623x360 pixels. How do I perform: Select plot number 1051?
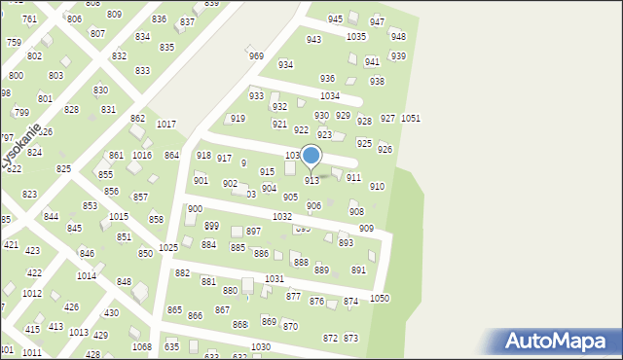[x=411, y=119]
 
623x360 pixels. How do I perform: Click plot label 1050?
[x=380, y=298]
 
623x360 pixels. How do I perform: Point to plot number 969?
[x=256, y=56]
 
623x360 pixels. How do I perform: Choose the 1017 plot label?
[x=166, y=125]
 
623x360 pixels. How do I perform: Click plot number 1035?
[x=356, y=37]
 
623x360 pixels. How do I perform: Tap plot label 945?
[x=335, y=19]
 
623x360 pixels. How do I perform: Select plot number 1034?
[x=330, y=96]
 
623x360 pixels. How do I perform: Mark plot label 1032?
[x=282, y=217]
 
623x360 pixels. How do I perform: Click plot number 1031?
[x=275, y=279]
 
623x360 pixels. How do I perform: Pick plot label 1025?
[x=168, y=248]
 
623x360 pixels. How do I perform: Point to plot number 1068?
[x=142, y=347]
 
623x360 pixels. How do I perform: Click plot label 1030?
[x=261, y=347]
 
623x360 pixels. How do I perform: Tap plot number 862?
[x=137, y=119]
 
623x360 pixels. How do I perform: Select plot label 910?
[x=377, y=186]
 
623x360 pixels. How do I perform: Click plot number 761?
[x=29, y=19]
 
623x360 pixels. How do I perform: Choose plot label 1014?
[x=87, y=276]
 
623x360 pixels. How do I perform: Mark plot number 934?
[x=285, y=64]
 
